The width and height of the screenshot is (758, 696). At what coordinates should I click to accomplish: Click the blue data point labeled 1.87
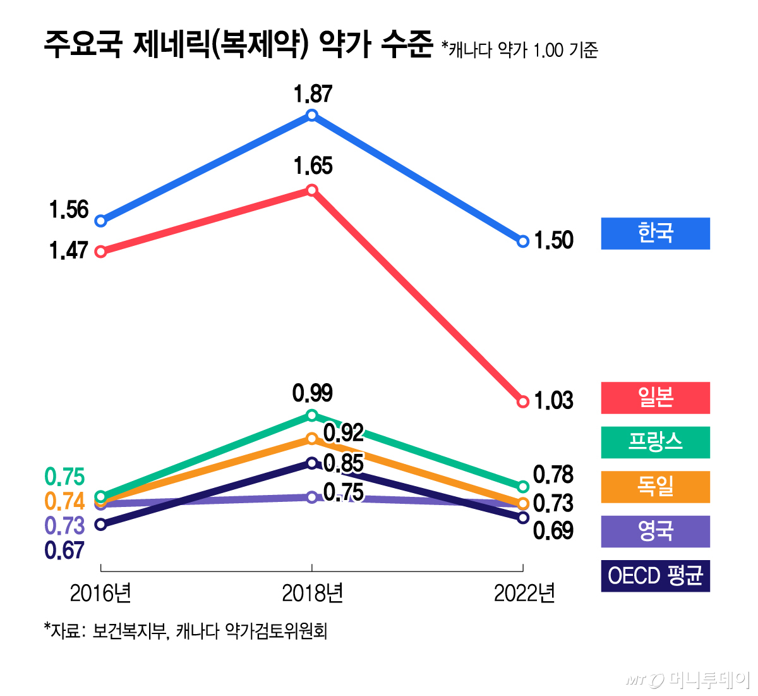click(311, 115)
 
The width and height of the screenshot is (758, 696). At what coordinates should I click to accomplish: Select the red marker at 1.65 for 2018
click(311, 190)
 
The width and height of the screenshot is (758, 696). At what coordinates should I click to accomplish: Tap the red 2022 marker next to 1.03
click(522, 402)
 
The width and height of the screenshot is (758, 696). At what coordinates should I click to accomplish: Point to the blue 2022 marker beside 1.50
click(522, 241)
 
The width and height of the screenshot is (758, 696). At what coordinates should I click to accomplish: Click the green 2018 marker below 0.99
click(311, 415)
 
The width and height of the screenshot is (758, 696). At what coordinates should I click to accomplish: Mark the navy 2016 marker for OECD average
click(100, 524)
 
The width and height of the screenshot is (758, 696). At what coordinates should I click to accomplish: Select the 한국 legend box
click(655, 233)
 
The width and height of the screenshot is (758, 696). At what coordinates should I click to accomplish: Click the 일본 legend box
click(655, 398)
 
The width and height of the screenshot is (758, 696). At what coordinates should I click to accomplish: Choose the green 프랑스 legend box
click(655, 442)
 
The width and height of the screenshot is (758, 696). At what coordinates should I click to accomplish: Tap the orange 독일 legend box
click(655, 487)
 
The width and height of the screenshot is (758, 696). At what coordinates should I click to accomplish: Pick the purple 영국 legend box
click(655, 531)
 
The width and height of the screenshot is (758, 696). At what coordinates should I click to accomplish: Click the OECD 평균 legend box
click(655, 576)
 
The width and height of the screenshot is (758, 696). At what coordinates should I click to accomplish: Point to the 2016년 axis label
click(100, 594)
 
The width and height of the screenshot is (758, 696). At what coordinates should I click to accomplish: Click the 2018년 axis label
click(312, 594)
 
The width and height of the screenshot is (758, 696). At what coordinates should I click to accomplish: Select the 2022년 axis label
click(524, 594)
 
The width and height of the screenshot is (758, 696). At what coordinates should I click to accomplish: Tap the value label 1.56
click(69, 210)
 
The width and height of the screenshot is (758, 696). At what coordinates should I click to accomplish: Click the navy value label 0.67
click(64, 551)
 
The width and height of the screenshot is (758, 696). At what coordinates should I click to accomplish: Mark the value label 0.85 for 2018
click(344, 464)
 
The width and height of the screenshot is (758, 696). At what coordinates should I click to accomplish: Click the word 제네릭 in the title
click(170, 46)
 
